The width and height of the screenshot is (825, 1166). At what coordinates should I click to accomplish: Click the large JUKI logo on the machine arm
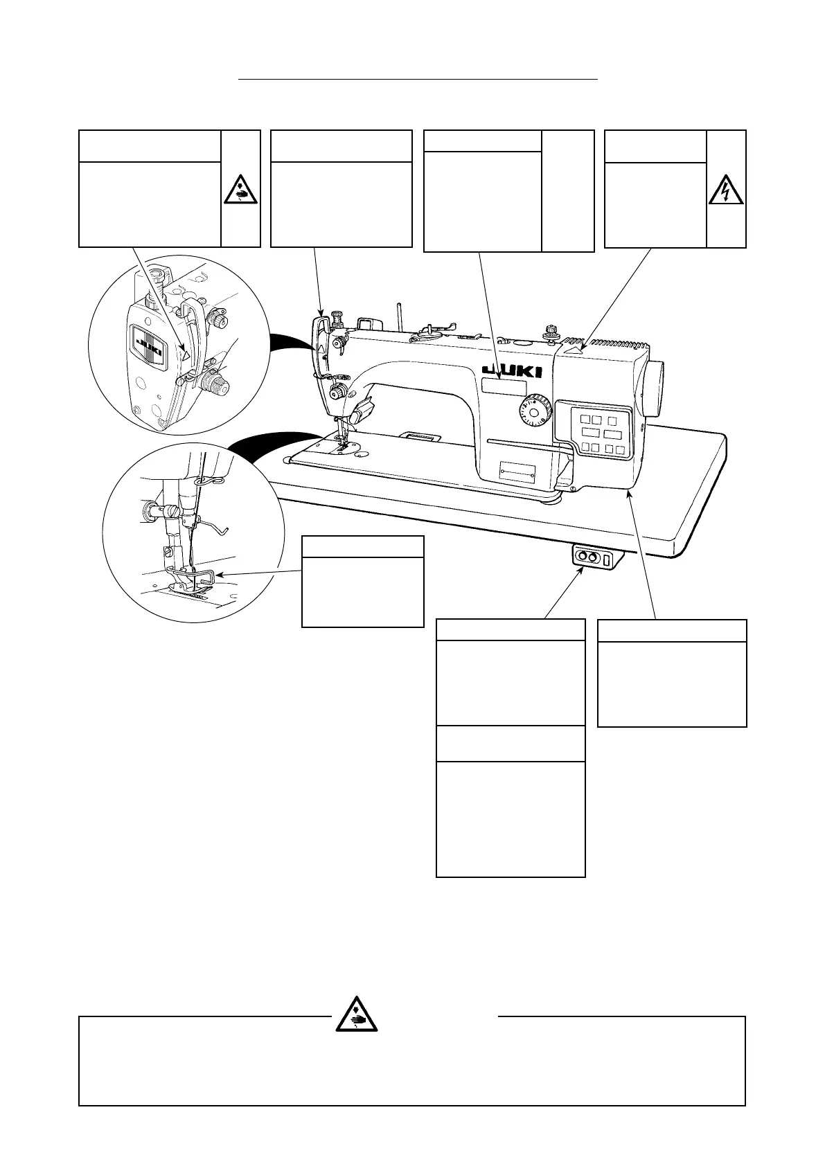pos(512,372)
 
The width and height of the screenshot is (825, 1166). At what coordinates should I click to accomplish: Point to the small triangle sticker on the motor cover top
pos(572,350)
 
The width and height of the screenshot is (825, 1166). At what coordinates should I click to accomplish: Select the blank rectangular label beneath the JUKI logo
pos(503,387)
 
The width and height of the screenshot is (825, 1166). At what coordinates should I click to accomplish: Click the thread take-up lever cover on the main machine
pos(320,332)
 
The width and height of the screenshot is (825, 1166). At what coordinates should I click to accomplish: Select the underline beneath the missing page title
pos(418,80)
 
